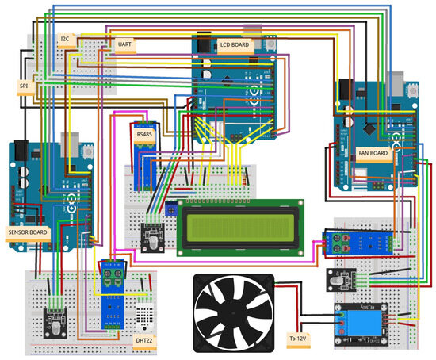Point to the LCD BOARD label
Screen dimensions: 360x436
pos(235,45)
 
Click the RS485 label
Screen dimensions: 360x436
pos(143,135)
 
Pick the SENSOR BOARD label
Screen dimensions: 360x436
pos(28,232)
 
